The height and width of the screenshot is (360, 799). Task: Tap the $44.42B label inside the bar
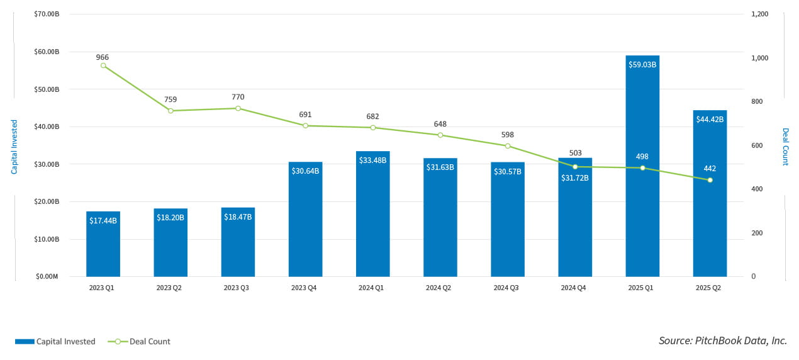pos(710,119)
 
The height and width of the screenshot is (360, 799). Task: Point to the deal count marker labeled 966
pos(103,65)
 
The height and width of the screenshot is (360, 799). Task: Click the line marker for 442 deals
pos(710,180)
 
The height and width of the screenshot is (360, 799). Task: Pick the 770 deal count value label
pos(238,97)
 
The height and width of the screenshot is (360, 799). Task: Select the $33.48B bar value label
pos(372,160)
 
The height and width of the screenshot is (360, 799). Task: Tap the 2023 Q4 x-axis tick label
pos(305,288)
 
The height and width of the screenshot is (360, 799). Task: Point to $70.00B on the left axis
pos(47,14)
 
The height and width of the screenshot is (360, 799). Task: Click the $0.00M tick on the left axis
pos(47,276)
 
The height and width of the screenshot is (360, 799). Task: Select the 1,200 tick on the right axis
pos(760,14)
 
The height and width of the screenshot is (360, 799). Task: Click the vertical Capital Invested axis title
pos(14,147)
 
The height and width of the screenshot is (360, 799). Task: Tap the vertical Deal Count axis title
pos(785,147)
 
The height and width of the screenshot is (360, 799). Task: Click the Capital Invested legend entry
pos(55,342)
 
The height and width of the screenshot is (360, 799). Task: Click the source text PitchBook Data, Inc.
pos(722,340)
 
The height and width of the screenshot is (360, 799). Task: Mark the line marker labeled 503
pos(575,167)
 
